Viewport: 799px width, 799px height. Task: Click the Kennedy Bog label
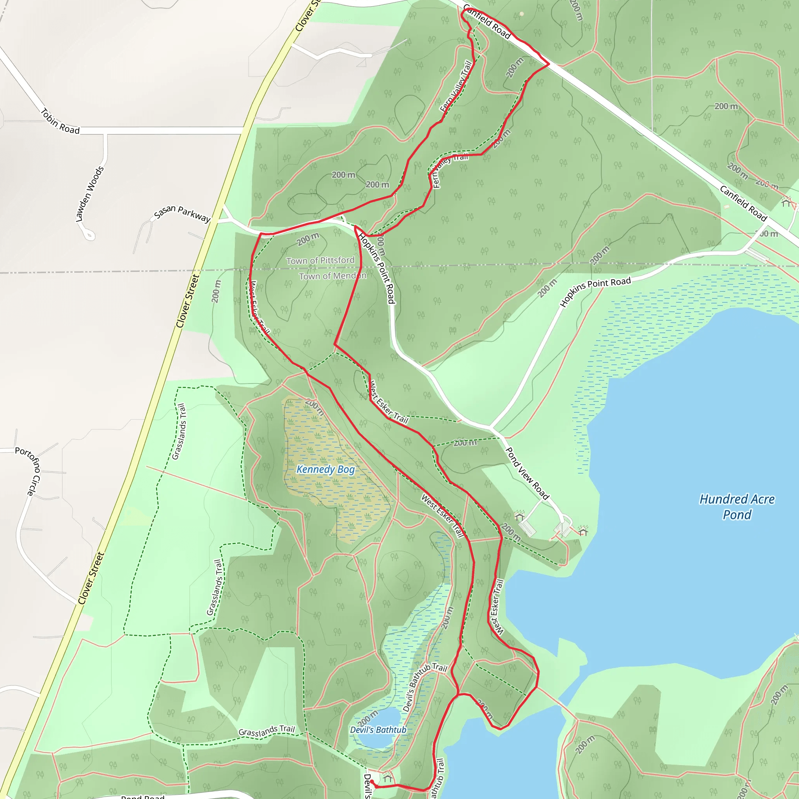coord(325,469)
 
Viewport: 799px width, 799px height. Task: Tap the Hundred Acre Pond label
coord(737,507)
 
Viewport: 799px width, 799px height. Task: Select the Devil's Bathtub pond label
coord(378,730)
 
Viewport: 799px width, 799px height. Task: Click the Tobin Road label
coord(60,121)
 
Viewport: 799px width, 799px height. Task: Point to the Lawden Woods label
coord(90,194)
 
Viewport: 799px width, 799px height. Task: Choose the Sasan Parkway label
coord(182,213)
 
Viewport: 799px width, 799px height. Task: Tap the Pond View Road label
coord(527,474)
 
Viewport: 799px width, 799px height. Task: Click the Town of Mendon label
coord(332,276)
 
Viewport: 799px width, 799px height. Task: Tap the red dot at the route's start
coord(371,781)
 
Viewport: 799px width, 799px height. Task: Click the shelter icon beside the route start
coord(387,778)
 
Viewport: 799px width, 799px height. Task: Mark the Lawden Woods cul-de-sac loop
coord(89,235)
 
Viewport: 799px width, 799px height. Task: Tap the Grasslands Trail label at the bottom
coord(266,731)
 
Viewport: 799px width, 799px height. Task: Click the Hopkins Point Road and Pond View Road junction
coord(491,426)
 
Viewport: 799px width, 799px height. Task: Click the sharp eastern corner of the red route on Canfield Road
coord(549,64)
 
